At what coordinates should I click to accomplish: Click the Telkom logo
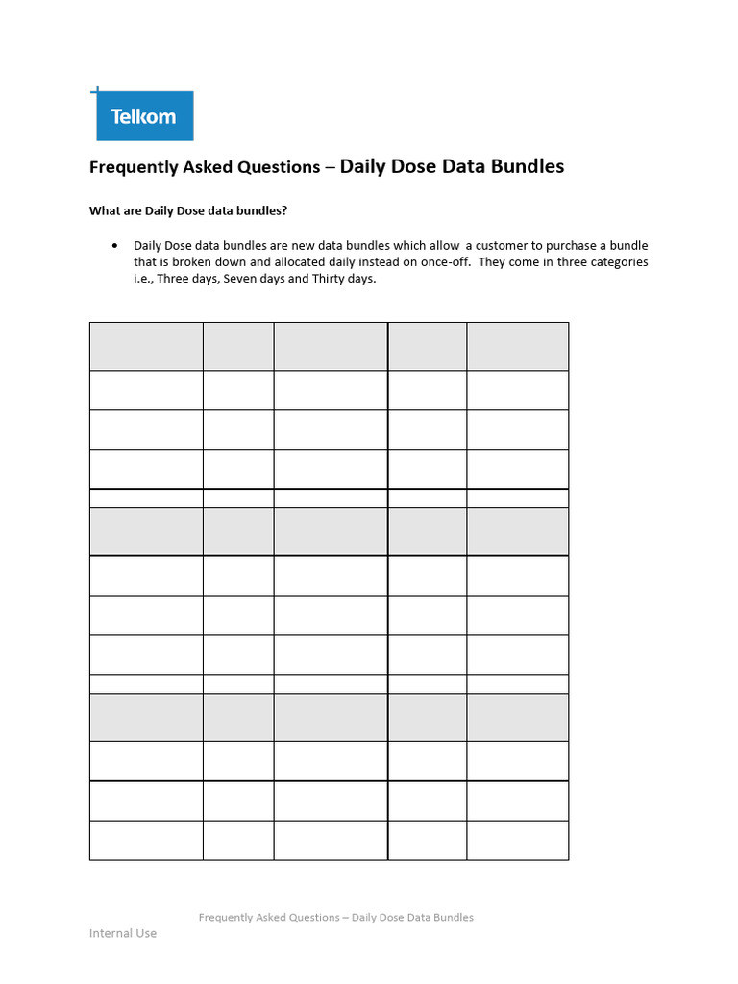[x=144, y=116]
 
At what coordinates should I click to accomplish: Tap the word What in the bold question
[x=104, y=210]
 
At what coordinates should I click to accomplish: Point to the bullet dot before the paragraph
[x=115, y=246]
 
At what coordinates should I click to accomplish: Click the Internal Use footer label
[x=123, y=933]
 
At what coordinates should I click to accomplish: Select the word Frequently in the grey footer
[x=229, y=917]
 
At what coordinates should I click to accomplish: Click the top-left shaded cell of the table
[x=146, y=347]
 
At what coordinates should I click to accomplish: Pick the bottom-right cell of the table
[x=517, y=840]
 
